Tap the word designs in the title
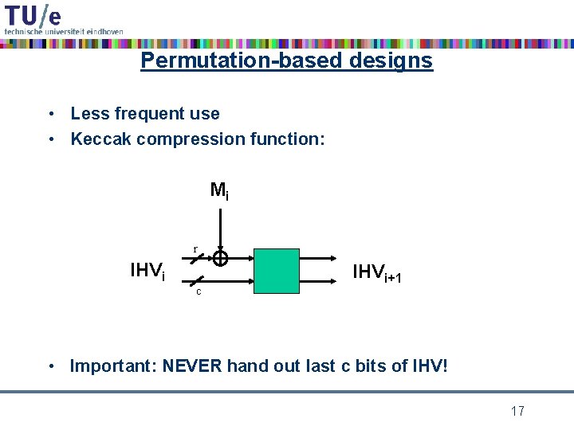(395, 61)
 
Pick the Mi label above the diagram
(219, 191)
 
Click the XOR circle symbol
(220, 259)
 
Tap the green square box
(277, 271)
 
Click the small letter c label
(199, 291)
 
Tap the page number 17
(517, 411)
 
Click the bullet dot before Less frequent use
(50, 114)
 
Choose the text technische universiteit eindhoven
(64, 31)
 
